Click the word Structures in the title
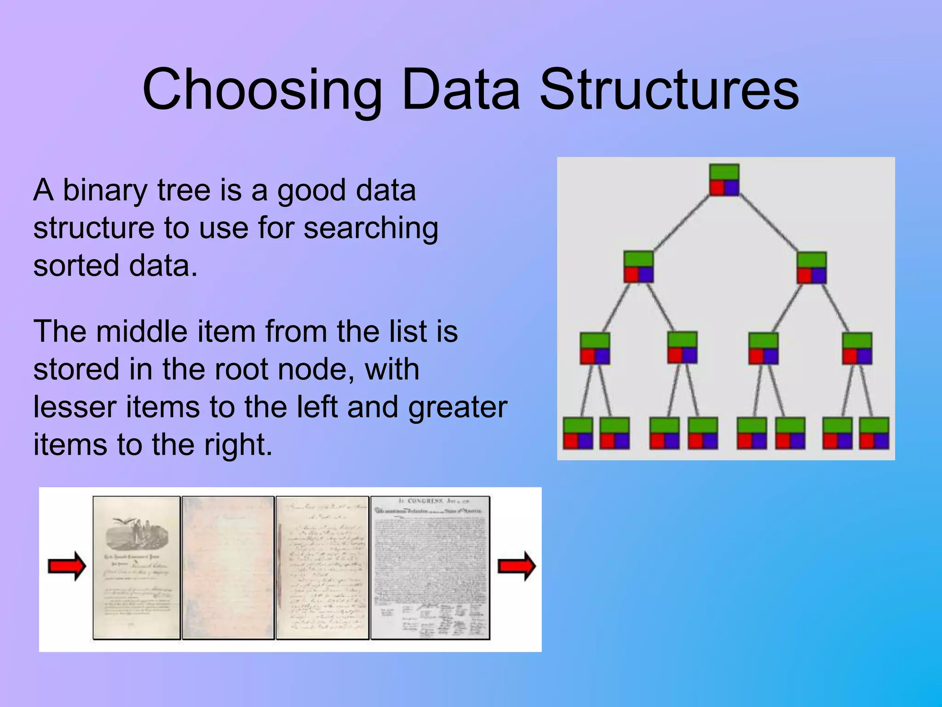point(669,90)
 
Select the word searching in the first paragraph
point(371,228)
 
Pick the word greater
point(458,407)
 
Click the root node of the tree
point(724,180)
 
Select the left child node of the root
point(638,267)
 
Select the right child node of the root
point(811,267)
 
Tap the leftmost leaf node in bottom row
point(578,433)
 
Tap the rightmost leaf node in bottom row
point(874,433)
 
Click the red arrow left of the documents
point(67,566)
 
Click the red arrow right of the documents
point(517,566)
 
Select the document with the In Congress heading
point(430,568)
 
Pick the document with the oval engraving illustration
point(137,568)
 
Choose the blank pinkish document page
point(228,568)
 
